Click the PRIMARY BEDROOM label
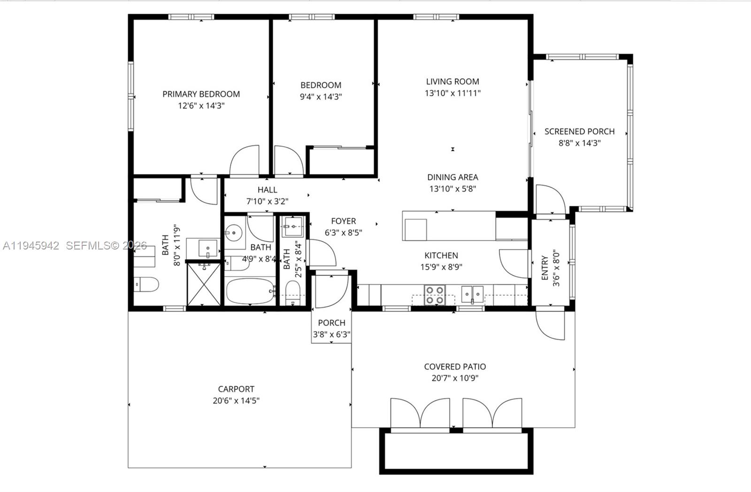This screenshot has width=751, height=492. [x=201, y=94]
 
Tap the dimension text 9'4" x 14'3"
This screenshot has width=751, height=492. [x=321, y=97]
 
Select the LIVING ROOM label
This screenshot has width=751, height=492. [x=452, y=81]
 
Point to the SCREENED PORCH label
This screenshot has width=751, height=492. [x=579, y=131]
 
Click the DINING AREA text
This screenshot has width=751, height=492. [x=452, y=177]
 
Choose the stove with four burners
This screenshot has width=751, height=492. [x=434, y=295]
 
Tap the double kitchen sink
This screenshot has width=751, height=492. [x=472, y=294]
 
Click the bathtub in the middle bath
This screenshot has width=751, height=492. [x=250, y=291]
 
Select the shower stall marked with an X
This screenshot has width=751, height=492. [x=203, y=285]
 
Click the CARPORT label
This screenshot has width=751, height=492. [x=236, y=389]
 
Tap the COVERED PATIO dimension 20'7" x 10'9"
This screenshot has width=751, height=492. [x=454, y=378]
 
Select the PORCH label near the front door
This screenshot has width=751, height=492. [x=331, y=323]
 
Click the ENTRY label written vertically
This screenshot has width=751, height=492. [x=544, y=267]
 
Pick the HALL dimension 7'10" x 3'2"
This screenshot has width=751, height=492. [x=267, y=201]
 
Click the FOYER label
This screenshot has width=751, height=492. [x=343, y=221]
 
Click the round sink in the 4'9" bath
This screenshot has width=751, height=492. [x=233, y=232]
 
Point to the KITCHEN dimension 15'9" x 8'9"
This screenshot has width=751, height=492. [x=441, y=267]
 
